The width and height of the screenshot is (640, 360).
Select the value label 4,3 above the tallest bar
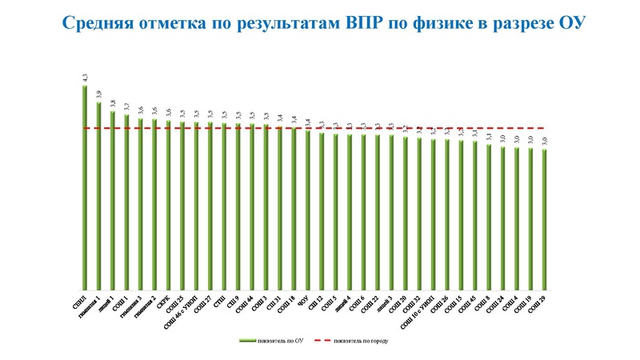(x=85, y=77)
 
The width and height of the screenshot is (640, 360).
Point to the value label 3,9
(x=98, y=94)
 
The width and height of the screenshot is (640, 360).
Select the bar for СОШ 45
(x=475, y=215)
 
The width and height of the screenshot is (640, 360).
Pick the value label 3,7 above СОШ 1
(x=126, y=106)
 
